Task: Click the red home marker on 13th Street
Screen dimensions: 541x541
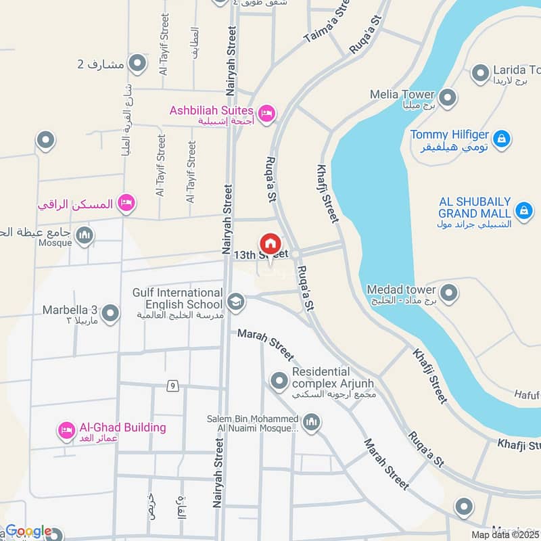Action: [270, 243]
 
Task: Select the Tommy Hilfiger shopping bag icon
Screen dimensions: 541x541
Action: [501, 139]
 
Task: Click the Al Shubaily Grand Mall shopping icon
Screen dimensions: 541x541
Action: [523, 211]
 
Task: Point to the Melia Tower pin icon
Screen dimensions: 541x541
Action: [448, 95]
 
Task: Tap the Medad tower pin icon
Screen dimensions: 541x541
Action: [449, 293]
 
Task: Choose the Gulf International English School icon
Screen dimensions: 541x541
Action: [236, 301]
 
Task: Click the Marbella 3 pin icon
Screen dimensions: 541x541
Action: [110, 313]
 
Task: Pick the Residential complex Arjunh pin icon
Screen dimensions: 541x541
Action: [279, 381]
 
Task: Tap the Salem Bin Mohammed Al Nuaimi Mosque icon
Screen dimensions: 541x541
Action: [311, 423]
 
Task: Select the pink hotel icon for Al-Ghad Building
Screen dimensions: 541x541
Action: [66, 430]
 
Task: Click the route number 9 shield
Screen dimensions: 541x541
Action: [174, 385]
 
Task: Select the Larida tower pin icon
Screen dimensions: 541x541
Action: [480, 72]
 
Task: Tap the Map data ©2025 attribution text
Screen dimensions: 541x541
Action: [505, 534]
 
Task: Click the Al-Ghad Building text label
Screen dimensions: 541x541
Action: [122, 427]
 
